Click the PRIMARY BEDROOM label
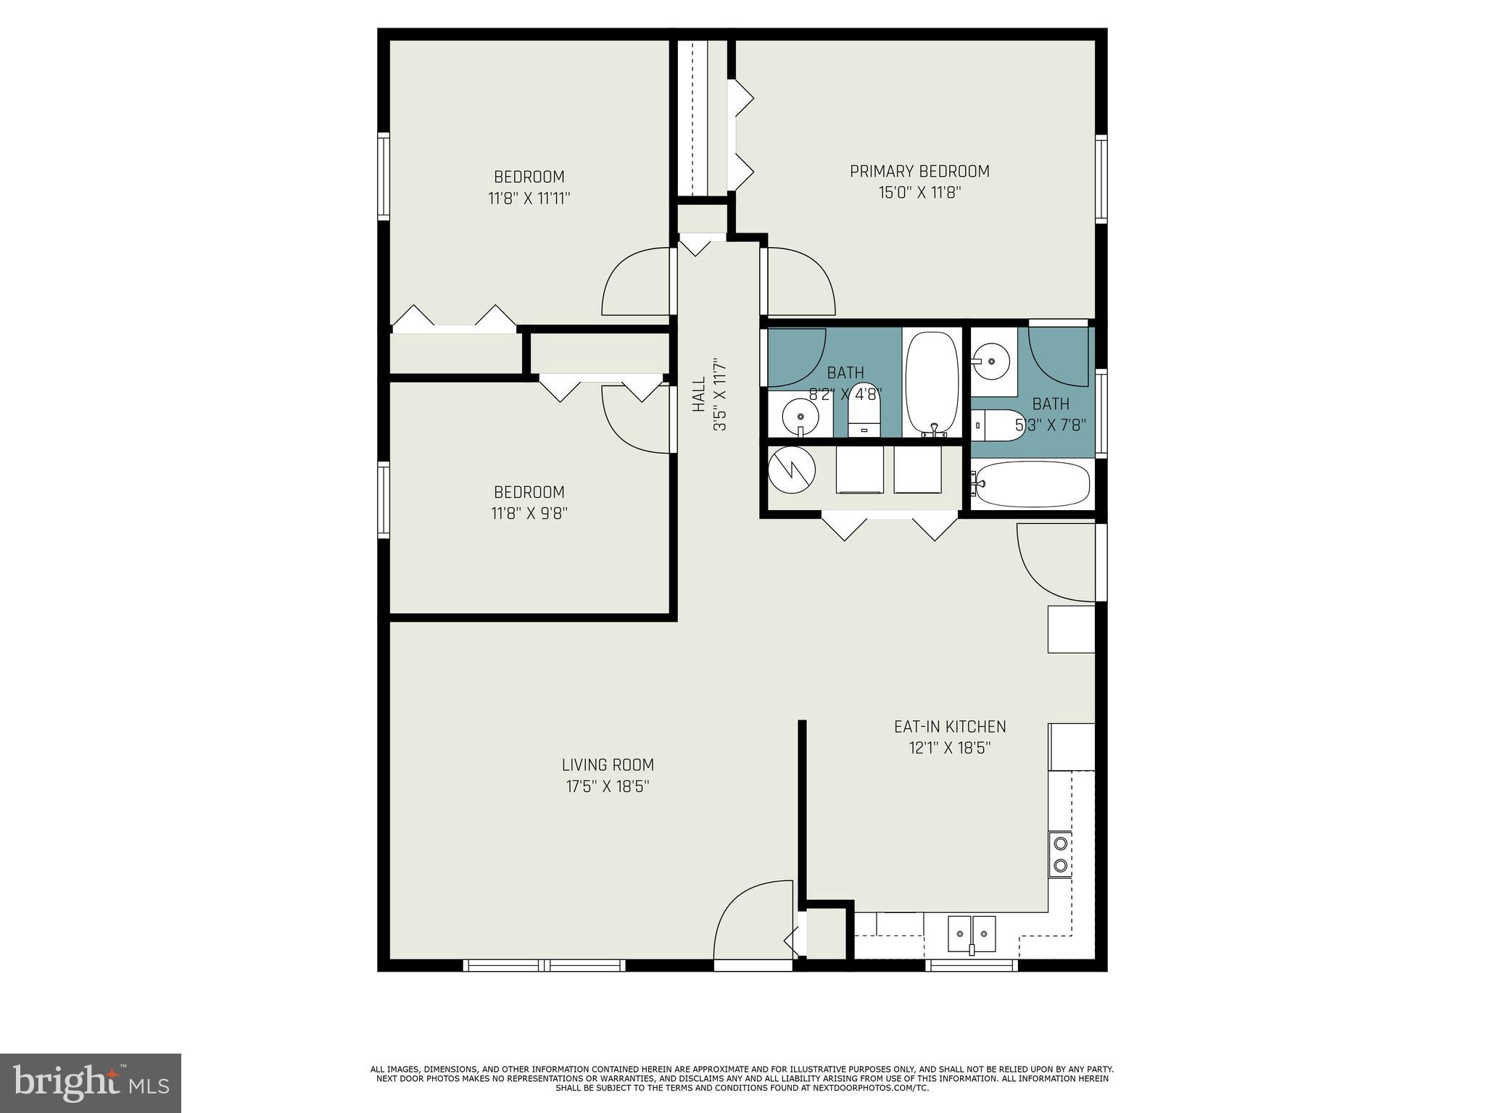click(x=919, y=172)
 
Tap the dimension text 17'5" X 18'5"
click(x=607, y=786)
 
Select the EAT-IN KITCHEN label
click(x=950, y=727)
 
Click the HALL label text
click(x=699, y=395)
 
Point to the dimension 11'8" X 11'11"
click(x=529, y=198)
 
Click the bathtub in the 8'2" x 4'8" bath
click(x=932, y=384)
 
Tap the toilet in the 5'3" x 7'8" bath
click(x=996, y=425)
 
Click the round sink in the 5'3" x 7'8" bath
click(x=991, y=361)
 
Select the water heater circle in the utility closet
click(x=792, y=470)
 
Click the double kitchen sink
click(x=972, y=933)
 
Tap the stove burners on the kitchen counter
click(x=1060, y=854)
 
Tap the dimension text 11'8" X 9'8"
click(x=529, y=514)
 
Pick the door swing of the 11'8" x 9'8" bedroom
click(x=634, y=420)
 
